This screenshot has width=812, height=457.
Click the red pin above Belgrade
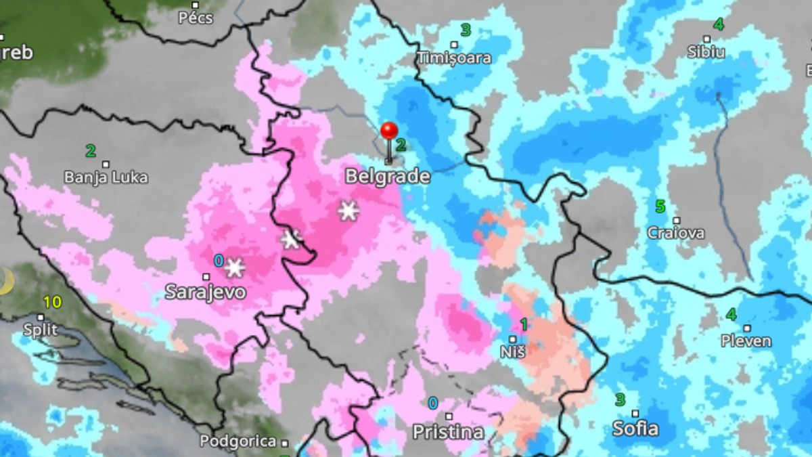click(x=388, y=131)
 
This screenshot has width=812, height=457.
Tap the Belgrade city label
click(x=387, y=177)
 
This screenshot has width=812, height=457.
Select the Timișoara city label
click(x=454, y=58)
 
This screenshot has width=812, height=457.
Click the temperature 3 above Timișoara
click(x=466, y=30)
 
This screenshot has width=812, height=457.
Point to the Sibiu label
click(x=706, y=52)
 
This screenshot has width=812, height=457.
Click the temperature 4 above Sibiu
click(x=718, y=24)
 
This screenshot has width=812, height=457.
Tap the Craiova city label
click(x=675, y=233)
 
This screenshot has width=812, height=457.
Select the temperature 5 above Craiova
click(x=660, y=206)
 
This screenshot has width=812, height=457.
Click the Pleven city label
click(x=746, y=341)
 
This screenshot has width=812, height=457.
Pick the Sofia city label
click(x=635, y=429)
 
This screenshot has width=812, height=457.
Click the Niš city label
click(x=513, y=351)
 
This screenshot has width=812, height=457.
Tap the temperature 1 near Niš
click(x=523, y=324)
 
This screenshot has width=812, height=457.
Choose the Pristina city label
click(x=448, y=431)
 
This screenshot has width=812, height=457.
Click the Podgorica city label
click(x=238, y=441)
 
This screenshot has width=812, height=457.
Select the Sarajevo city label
click(x=206, y=292)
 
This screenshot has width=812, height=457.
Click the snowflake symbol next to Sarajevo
click(x=234, y=267)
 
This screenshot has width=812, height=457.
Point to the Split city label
click(x=40, y=330)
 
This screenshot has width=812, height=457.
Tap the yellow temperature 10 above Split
click(x=52, y=302)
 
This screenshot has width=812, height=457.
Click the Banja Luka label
click(x=106, y=177)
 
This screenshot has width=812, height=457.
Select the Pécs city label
click(x=195, y=18)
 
